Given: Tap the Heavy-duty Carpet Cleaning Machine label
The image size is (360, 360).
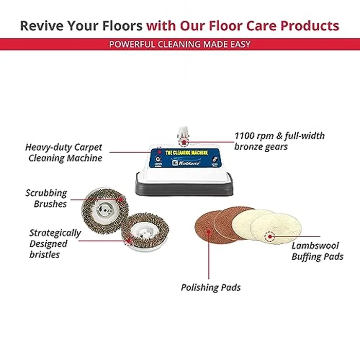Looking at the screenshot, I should [64, 153].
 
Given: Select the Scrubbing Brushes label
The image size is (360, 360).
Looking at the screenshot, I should [46, 199].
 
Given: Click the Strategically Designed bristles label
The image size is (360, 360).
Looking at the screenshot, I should [55, 244].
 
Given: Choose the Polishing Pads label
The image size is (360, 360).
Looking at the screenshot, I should [210, 287].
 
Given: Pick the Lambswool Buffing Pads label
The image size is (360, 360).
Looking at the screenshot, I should [317, 251].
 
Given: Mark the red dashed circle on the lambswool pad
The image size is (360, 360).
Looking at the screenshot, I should [268, 237].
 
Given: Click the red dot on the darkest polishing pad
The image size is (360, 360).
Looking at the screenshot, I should [209, 231].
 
